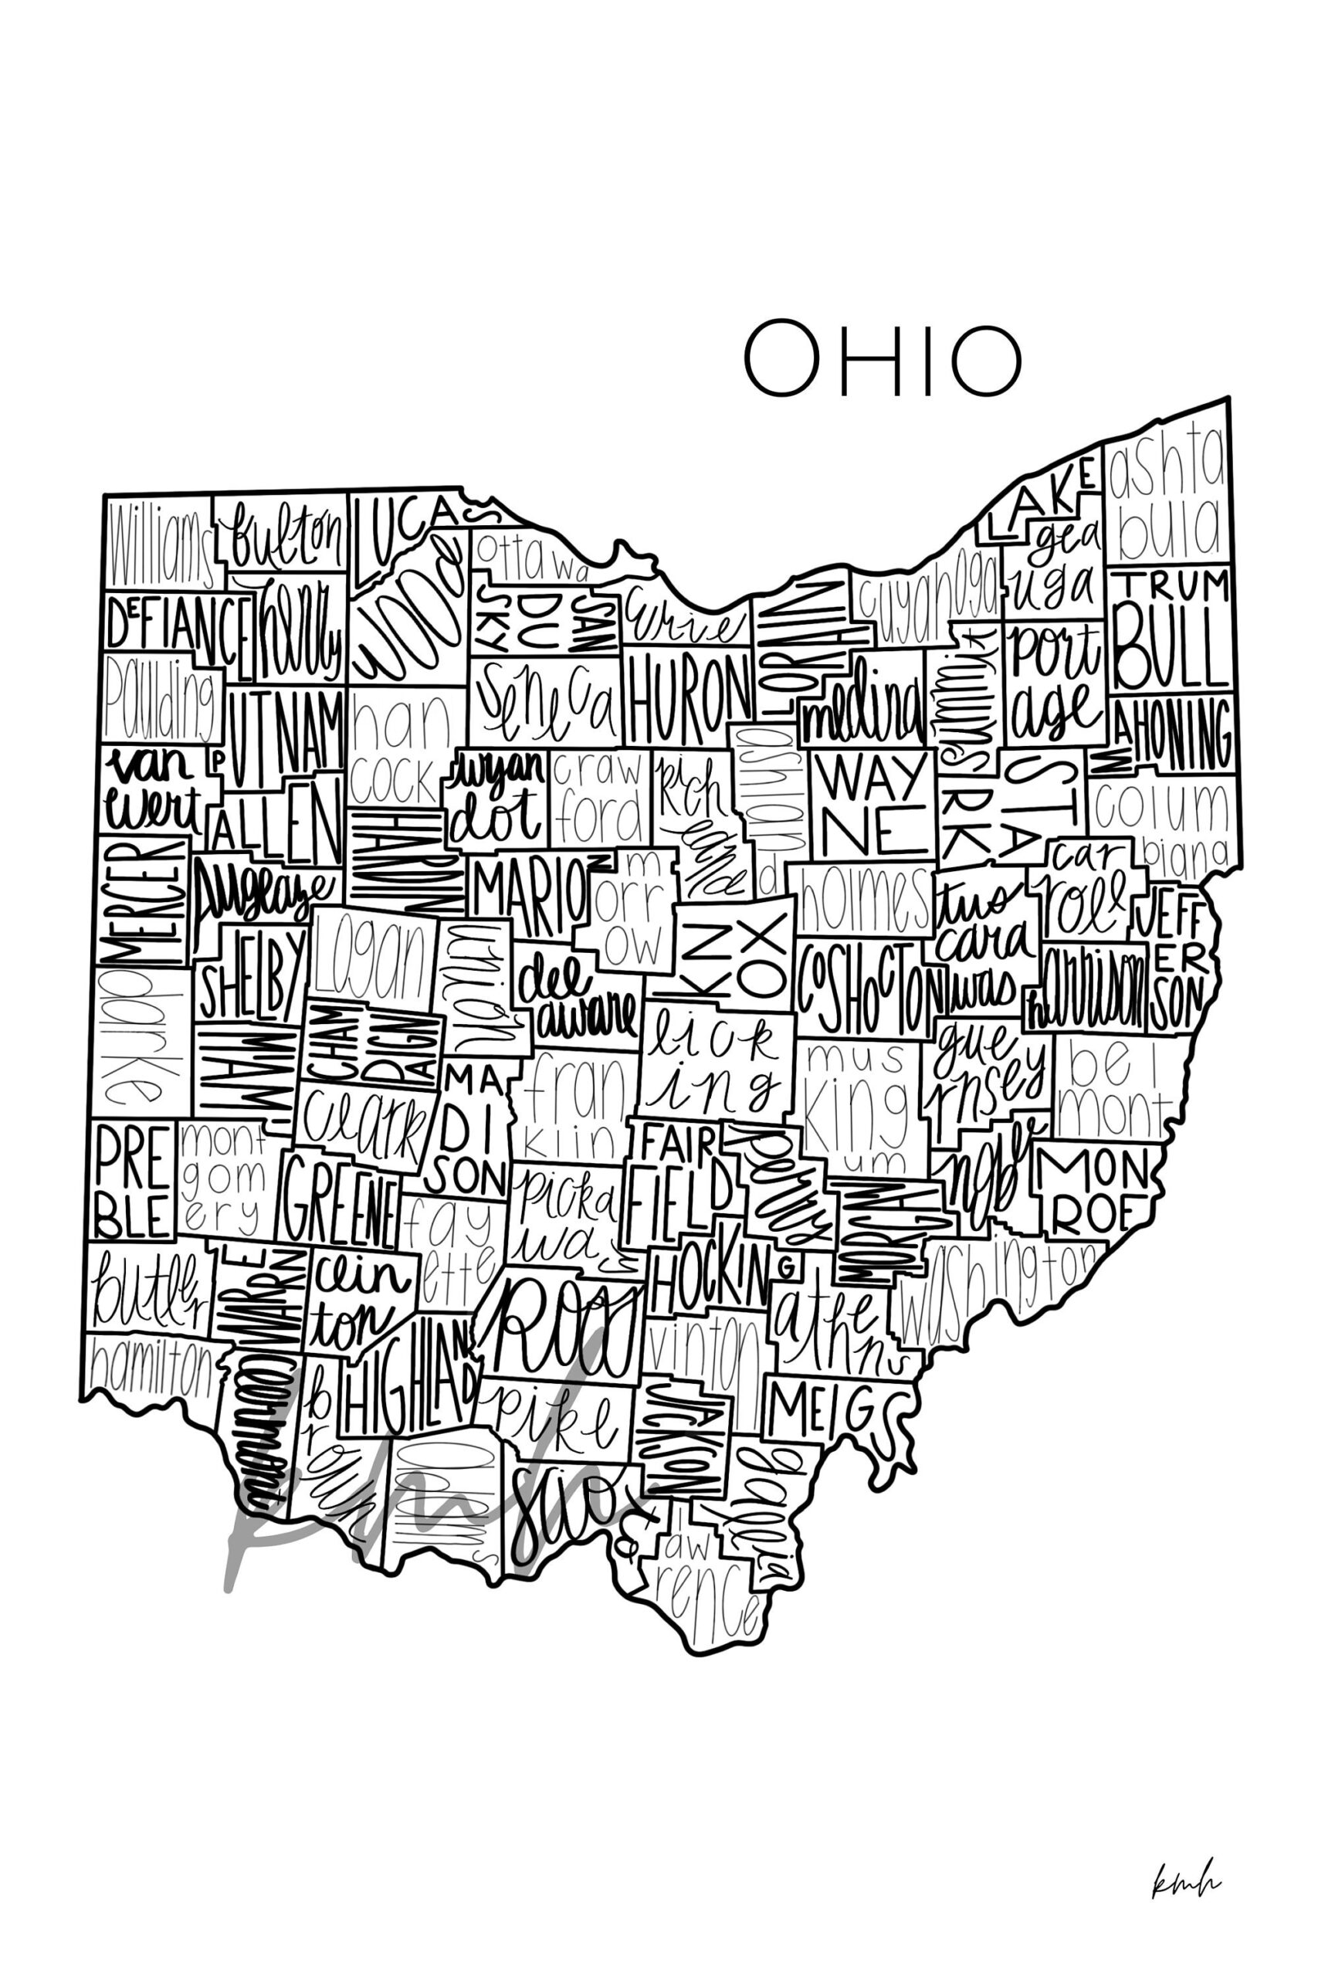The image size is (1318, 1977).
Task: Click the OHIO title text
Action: (882, 359)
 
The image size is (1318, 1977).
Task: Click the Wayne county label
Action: (872, 805)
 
